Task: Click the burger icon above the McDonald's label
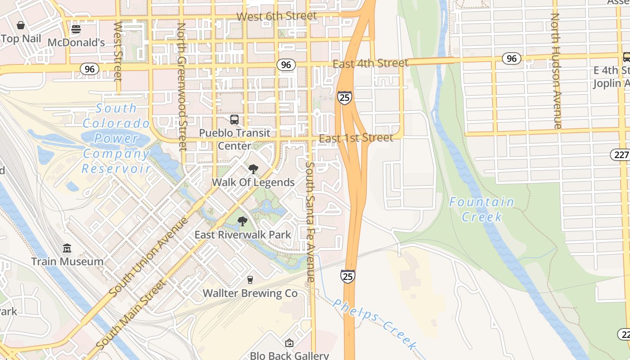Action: click(76, 30)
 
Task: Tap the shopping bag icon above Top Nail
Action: click(20, 25)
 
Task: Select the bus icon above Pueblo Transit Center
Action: click(234, 120)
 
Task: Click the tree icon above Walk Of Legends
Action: click(253, 169)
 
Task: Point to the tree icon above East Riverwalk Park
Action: click(242, 221)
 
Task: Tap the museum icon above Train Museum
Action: click(67, 248)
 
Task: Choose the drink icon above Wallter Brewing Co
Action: click(250, 280)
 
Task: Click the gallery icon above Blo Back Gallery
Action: click(289, 343)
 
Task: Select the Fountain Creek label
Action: click(481, 209)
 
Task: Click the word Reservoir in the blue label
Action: click(116, 169)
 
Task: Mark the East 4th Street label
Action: click(370, 63)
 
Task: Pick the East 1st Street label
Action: click(356, 138)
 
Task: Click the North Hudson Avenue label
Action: click(556, 71)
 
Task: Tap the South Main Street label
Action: click(130, 315)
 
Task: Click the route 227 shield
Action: click(620, 154)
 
